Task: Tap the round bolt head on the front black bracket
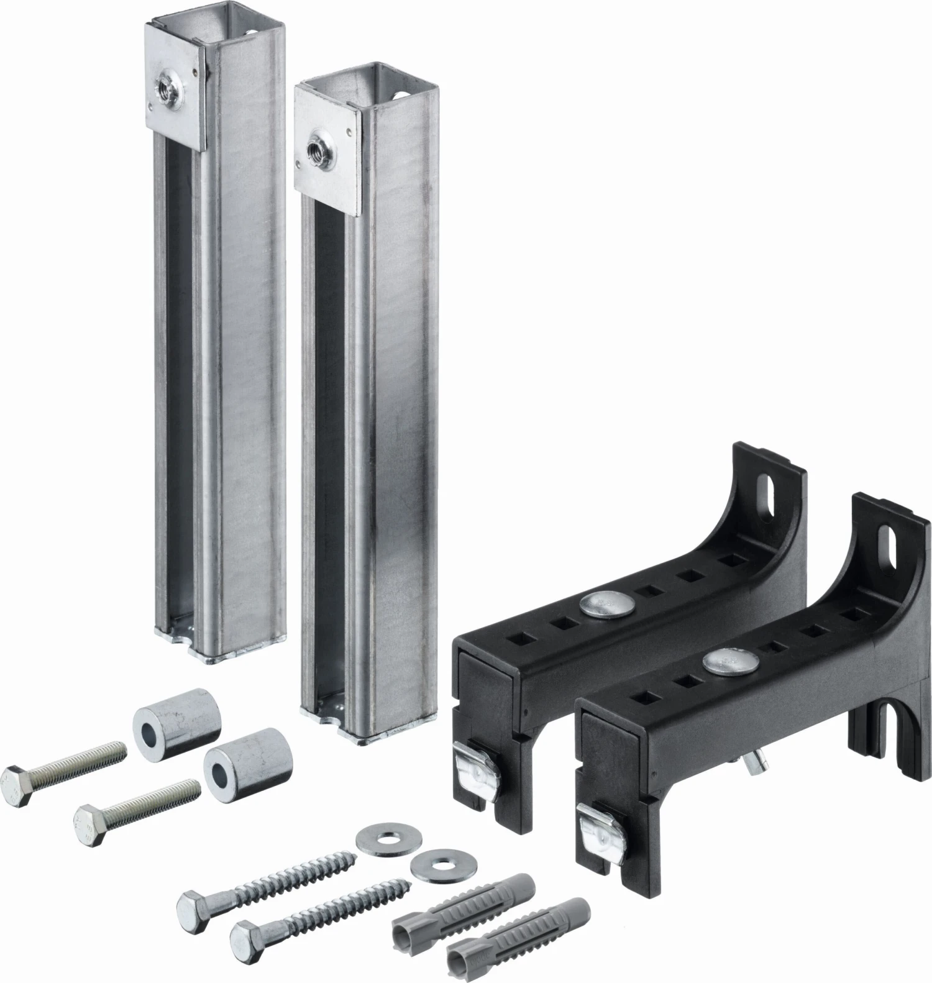pyautogui.click(x=721, y=662)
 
